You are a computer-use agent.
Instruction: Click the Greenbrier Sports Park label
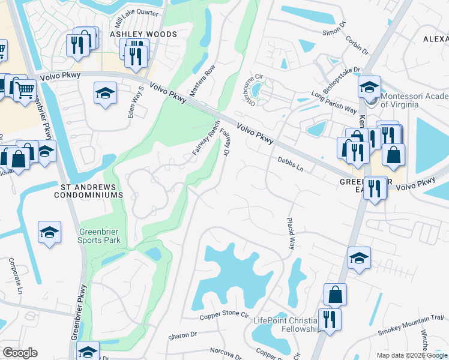point(100,236)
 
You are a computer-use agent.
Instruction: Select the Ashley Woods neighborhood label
point(143,35)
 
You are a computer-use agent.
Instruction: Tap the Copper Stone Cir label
point(224,314)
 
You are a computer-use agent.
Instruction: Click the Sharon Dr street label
point(182,335)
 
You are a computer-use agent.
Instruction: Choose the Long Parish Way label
point(334,101)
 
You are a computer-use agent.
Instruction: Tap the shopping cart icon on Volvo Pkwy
point(25,91)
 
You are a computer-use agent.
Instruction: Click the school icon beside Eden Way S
point(105,93)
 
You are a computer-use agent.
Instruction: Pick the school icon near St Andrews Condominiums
point(49,232)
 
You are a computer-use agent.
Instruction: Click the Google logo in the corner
point(20,353)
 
